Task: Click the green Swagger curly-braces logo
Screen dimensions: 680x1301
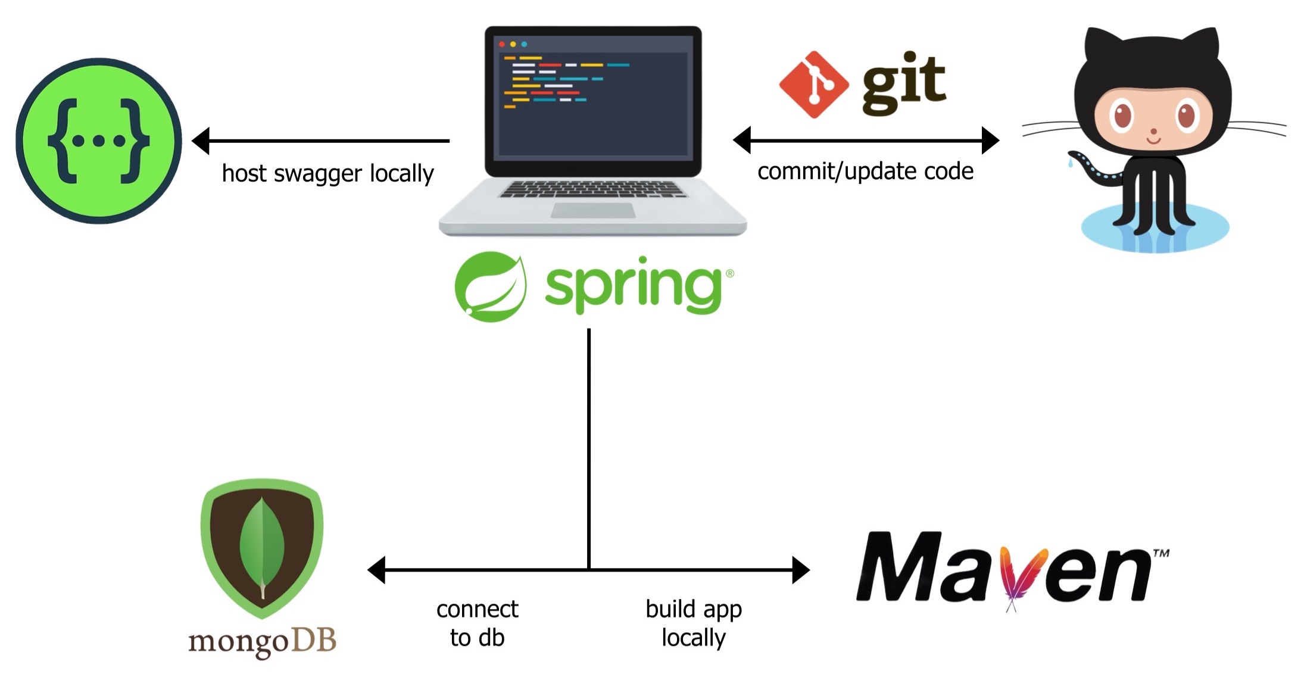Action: [98, 141]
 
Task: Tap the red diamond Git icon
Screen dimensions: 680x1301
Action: [813, 85]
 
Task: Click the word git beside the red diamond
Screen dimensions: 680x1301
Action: [903, 83]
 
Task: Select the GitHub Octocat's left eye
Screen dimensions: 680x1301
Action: [1122, 116]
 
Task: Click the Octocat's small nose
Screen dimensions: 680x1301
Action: [1153, 132]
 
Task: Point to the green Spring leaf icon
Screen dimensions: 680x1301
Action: [491, 287]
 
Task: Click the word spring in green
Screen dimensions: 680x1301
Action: [634, 286]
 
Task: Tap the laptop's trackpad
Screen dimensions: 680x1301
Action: [592, 211]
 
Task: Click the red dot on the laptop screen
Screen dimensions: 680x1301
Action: [502, 45]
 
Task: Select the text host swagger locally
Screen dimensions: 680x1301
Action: [327, 173]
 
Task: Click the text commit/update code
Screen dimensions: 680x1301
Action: [865, 171]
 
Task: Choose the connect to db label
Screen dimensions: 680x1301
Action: [477, 623]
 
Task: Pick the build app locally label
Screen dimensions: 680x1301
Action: [694, 623]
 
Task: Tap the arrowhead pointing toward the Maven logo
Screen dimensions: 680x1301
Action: [801, 570]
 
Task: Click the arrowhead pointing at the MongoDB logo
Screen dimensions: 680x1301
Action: [376, 570]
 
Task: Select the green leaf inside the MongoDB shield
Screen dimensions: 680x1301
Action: [262, 545]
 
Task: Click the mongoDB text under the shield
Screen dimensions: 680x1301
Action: [262, 642]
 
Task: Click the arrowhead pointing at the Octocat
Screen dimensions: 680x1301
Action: [990, 141]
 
